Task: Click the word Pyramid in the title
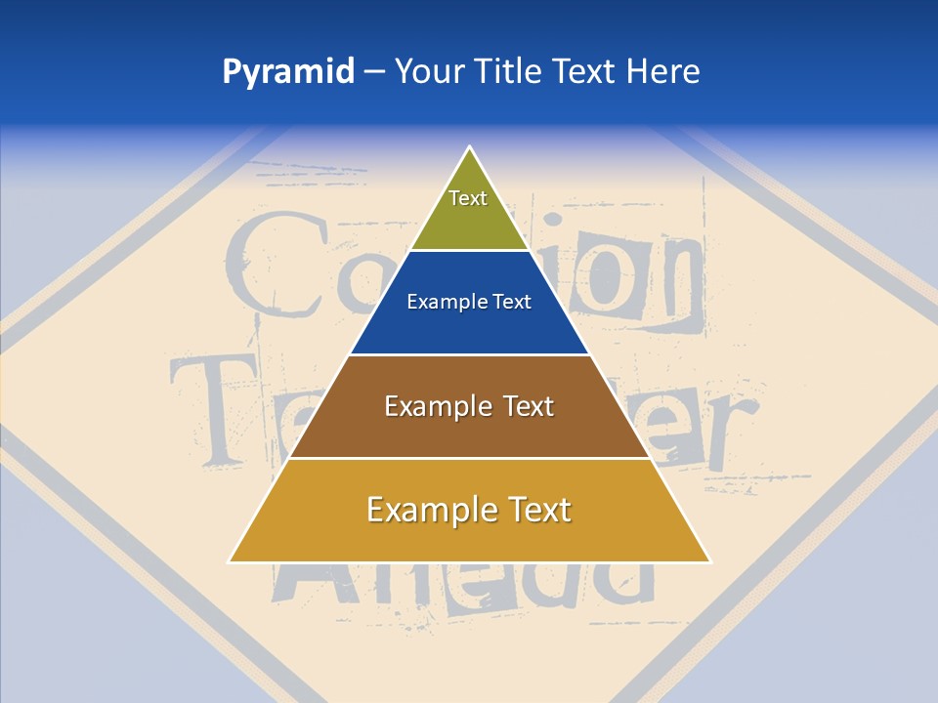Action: coord(288,72)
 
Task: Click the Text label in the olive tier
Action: coord(468,198)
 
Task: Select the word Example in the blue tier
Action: coord(444,303)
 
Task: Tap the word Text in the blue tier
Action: coord(512,303)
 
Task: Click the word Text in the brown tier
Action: coord(529,406)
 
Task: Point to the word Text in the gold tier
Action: coord(538,510)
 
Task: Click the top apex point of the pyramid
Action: coord(470,147)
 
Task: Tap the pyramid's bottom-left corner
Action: coord(230,561)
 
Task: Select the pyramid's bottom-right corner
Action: coord(710,561)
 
